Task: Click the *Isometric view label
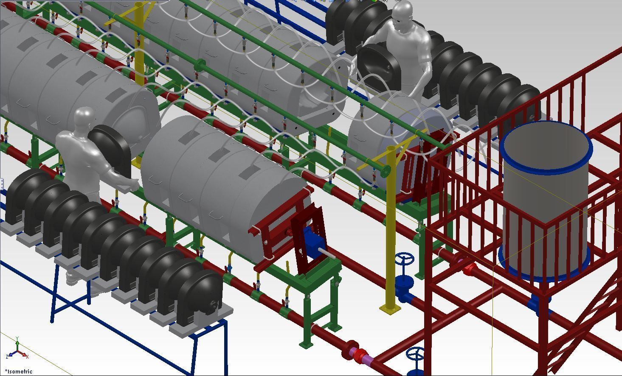[19, 371]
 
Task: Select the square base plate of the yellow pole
[389, 309]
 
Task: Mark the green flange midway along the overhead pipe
[200, 66]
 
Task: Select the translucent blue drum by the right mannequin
[395, 136]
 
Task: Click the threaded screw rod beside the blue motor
[331, 253]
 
